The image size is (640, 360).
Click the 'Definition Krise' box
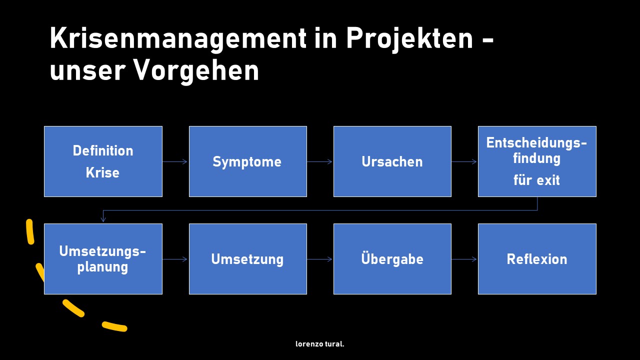103,161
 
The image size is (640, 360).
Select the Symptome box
248,161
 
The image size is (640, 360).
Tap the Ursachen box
392,161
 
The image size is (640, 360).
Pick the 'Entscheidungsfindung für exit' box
537,161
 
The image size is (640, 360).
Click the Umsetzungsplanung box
103,259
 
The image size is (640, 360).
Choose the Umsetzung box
248,259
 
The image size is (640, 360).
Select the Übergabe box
392,259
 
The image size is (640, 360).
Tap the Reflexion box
537,259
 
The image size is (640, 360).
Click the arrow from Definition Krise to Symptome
175,161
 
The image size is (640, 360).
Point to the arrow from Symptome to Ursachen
319,161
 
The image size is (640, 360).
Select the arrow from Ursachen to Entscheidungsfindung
464,161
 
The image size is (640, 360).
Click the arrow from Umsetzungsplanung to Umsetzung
175,259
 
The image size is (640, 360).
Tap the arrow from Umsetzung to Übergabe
319,259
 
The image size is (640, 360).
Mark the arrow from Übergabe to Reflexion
464,259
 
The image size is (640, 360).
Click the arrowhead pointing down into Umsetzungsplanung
103,219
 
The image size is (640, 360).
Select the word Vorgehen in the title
196,71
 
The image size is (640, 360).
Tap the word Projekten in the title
409,39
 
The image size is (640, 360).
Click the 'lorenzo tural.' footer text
319,344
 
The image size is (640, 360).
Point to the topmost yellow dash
30,231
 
